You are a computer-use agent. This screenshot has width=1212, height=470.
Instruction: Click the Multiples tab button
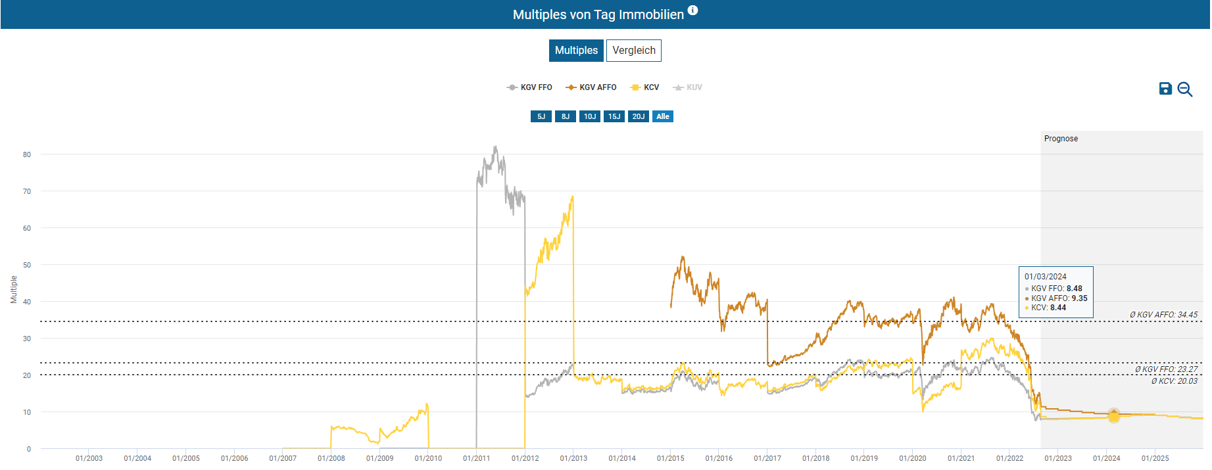point(576,51)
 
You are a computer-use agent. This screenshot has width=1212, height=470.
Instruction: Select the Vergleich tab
point(633,51)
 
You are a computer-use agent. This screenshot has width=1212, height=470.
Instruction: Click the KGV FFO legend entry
point(530,87)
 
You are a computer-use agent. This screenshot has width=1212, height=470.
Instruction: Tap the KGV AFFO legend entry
point(591,87)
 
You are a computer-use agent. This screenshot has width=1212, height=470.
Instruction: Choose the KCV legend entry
point(644,87)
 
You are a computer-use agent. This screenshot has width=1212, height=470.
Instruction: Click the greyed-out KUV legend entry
point(688,87)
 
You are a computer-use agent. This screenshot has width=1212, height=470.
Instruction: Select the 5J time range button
point(541,116)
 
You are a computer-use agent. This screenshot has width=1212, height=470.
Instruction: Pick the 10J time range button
point(590,116)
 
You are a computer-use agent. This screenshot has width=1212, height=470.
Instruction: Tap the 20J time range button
point(639,116)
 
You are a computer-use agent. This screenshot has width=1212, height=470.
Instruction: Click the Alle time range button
point(663,116)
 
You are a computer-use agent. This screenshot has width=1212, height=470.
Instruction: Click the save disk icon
point(1165,89)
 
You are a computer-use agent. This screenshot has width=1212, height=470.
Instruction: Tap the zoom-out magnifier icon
point(1185,89)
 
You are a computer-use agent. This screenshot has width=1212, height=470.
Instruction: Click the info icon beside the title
point(693,11)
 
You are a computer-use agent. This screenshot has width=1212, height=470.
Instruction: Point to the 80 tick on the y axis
point(27,154)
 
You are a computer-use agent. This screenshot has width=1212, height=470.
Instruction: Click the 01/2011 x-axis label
point(476,458)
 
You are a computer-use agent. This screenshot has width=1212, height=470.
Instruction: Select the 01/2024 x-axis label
point(1106,458)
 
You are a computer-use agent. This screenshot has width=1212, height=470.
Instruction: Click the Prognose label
point(1061,139)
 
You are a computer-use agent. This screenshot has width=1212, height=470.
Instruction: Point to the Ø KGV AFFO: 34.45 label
point(1163,315)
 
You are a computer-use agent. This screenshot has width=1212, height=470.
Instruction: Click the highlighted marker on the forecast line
point(1113,415)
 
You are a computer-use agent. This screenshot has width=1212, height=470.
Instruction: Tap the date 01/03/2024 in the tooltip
point(1046,277)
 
